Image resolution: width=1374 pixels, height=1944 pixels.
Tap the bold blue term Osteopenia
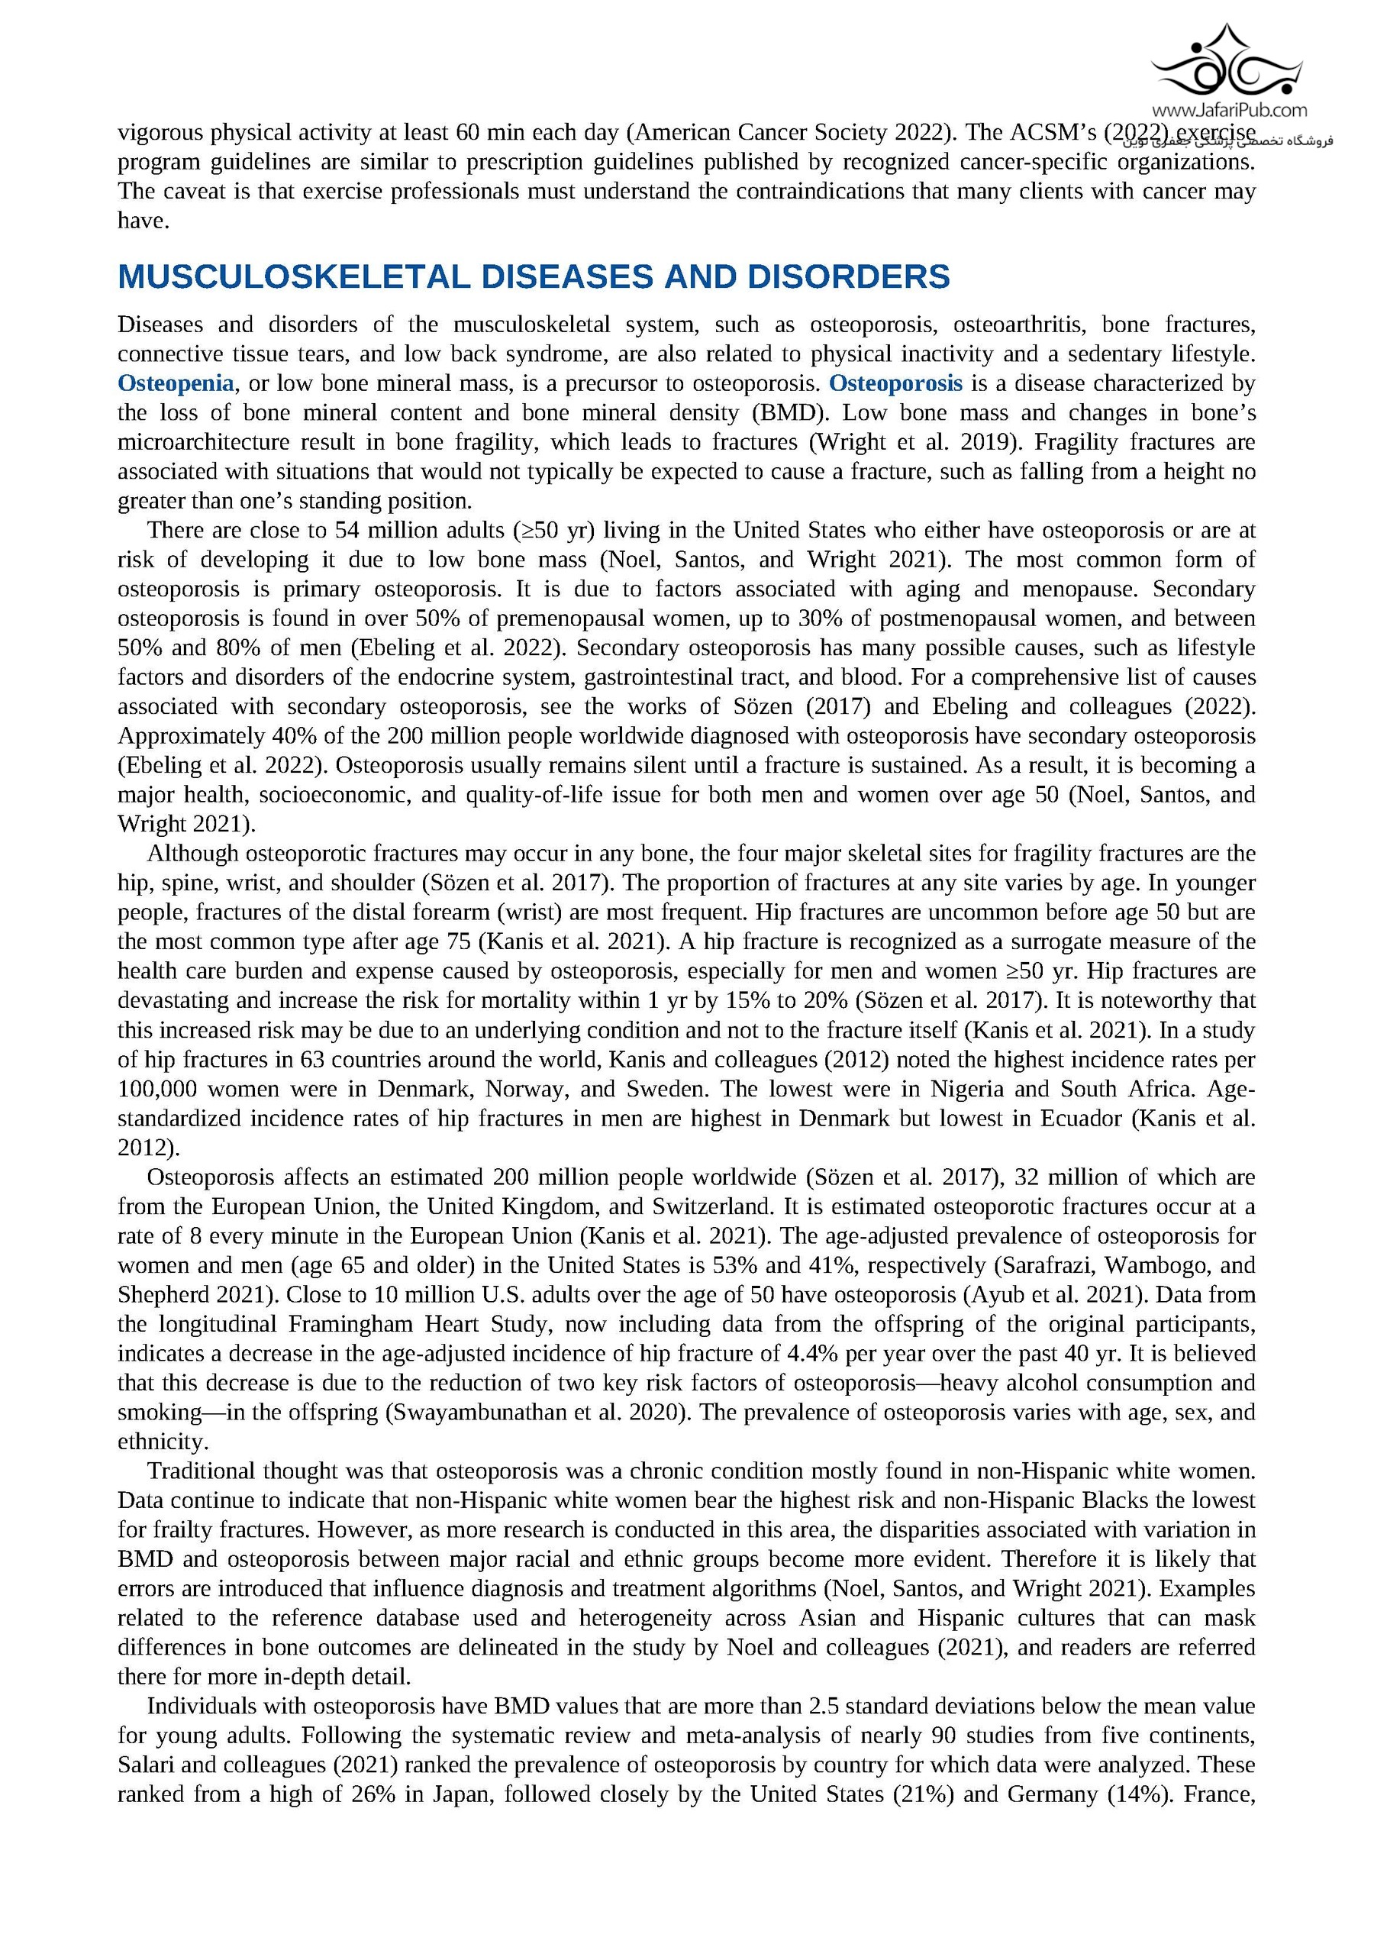[176, 383]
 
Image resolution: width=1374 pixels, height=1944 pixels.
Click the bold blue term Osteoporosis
[895, 383]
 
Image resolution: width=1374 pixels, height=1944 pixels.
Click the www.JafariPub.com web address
[1228, 110]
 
